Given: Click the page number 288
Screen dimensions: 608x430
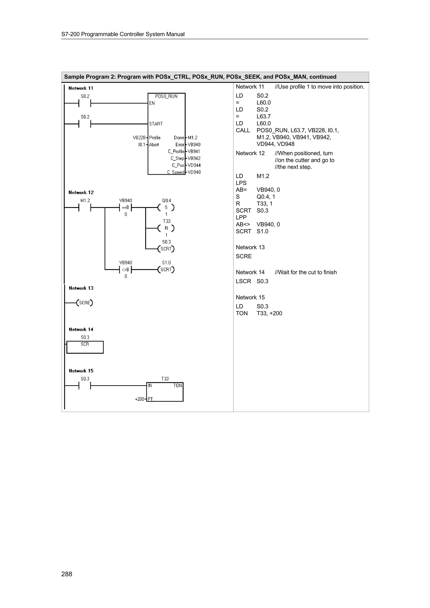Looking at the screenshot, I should [x=67, y=574].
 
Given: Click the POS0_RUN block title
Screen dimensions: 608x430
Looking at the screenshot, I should [x=166, y=96].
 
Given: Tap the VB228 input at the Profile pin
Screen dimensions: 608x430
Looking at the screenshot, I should [x=139, y=138].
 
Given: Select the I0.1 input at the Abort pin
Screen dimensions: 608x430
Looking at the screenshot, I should [x=142, y=145].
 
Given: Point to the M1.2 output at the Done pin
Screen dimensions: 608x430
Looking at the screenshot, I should [x=193, y=138].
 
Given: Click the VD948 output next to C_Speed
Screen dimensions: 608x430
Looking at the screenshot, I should [x=194, y=172].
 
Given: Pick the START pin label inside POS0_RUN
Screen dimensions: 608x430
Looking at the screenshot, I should [x=156, y=124].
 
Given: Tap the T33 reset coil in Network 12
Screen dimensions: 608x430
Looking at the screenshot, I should [x=166, y=228].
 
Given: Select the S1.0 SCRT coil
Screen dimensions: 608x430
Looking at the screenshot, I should [x=166, y=270].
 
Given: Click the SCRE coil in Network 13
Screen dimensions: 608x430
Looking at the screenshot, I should [x=85, y=303].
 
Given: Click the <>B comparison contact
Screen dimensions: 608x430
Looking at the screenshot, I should [x=126, y=270].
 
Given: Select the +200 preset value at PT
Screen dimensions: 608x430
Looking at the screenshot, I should [x=140, y=399].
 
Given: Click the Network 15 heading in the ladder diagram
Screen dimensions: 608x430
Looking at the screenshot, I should [x=81, y=371].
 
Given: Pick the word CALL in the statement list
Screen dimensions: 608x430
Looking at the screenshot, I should [x=243, y=130].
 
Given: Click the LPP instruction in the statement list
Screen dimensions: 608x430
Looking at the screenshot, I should [x=241, y=217].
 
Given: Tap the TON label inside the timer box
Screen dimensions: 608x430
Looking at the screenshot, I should [x=177, y=386].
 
